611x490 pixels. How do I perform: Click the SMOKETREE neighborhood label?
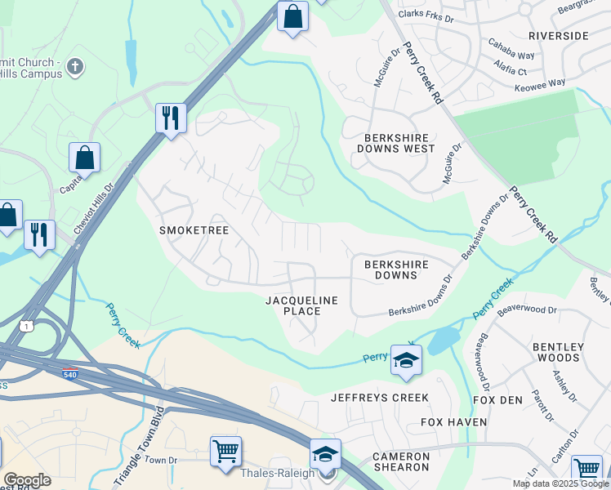click(194, 231)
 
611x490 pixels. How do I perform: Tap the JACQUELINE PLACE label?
click(301, 305)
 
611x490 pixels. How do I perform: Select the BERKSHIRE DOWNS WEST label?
click(396, 143)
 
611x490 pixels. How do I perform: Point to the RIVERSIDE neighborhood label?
click(559, 36)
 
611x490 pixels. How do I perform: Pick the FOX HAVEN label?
click(453, 422)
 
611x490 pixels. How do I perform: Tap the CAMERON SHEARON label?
click(400, 461)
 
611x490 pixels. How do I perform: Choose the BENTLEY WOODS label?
click(558, 352)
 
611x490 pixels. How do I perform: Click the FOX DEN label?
click(497, 400)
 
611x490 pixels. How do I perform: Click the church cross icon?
click(75, 67)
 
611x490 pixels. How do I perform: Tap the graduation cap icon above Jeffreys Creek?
click(406, 360)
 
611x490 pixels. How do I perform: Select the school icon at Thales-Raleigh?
click(325, 454)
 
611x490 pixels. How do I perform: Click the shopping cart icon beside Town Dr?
click(225, 450)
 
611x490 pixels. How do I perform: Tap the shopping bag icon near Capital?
click(84, 156)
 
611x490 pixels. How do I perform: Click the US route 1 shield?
click(29, 327)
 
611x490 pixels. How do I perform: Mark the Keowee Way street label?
click(546, 83)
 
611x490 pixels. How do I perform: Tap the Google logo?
click(26, 480)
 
